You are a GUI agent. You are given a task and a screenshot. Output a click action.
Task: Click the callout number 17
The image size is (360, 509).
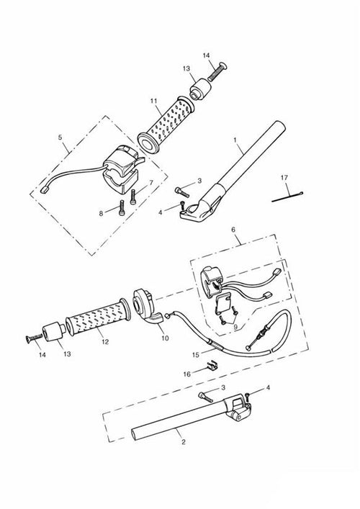[x=284, y=178]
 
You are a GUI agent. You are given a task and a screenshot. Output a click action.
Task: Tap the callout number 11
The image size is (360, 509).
[x=153, y=101]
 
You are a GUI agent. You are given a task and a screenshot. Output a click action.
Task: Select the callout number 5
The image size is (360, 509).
[x=60, y=138]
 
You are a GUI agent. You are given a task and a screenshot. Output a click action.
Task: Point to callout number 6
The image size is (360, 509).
[x=233, y=230]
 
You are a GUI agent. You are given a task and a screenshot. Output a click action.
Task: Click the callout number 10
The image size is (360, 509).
[x=165, y=338]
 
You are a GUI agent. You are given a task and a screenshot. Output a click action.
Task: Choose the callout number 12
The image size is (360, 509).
[x=105, y=342]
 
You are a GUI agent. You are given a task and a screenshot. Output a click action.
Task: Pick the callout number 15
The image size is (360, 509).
[x=195, y=355]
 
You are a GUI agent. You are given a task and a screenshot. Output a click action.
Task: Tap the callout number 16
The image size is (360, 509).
[x=187, y=374]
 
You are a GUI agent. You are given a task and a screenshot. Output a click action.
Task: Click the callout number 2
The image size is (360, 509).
[x=184, y=442]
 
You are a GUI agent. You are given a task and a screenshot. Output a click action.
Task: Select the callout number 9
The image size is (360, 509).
[x=236, y=328]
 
